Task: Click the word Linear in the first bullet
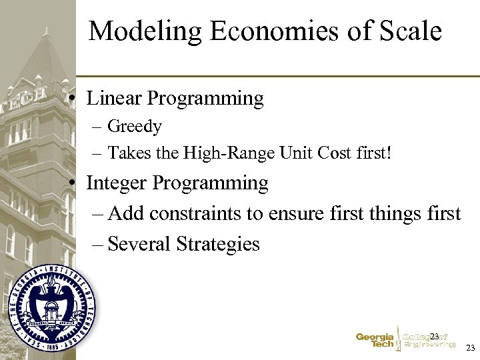tap(114, 99)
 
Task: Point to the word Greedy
tap(135, 127)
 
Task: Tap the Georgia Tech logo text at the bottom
tap(375, 341)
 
